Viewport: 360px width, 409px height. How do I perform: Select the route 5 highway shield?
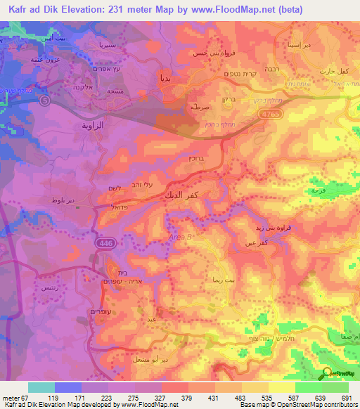(x=46, y=100)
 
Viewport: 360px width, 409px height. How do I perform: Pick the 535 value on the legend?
(x=259, y=397)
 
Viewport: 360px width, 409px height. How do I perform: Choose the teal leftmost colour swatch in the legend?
(x=41, y=387)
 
